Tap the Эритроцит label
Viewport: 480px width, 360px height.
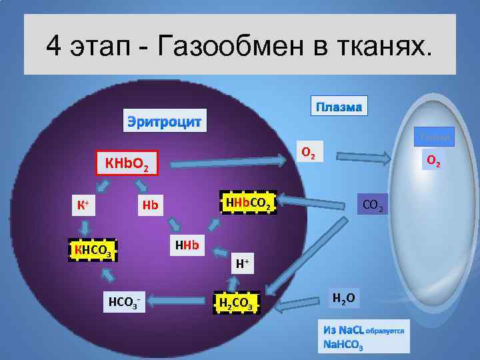(x=165, y=121)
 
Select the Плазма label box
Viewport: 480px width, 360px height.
(x=339, y=107)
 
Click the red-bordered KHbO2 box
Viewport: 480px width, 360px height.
(x=127, y=162)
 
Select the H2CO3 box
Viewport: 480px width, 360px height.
(x=235, y=303)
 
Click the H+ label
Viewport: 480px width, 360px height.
(x=243, y=264)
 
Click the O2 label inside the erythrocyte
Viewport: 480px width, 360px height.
(x=309, y=152)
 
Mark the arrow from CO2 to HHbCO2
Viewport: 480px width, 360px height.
(x=313, y=199)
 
